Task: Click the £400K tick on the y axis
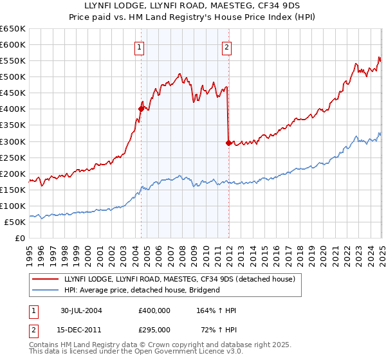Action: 12,109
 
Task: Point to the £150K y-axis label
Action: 12,190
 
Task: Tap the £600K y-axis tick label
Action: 12,45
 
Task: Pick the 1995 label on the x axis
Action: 30,249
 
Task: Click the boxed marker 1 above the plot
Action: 140,46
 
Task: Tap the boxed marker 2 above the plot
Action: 227,46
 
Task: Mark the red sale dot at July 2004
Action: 141,109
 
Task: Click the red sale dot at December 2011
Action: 228,143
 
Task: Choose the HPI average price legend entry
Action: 142,290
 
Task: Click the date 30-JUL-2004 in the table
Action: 82,310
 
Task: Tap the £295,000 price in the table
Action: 154,329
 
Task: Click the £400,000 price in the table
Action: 154,310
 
